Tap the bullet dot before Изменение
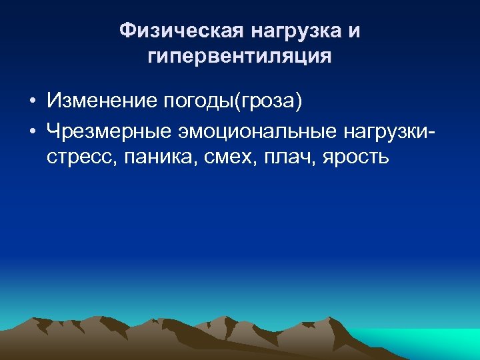[32, 101]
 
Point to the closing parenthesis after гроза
[299, 101]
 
